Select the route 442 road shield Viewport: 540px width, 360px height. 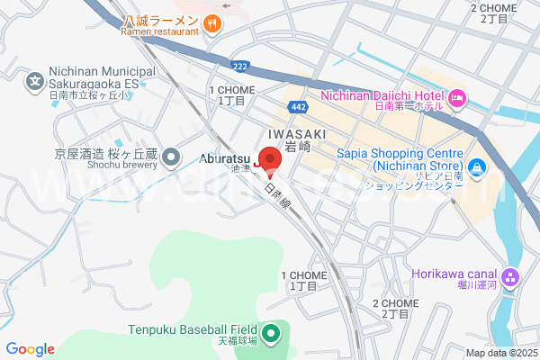point(301,107)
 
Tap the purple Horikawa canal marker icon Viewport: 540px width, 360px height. point(512,275)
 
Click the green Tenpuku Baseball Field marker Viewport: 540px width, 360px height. point(271,334)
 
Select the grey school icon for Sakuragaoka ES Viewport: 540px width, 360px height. point(34,82)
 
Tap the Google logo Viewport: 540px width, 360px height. point(30,349)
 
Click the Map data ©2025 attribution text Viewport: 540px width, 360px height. point(500,353)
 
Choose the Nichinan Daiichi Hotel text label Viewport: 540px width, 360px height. point(382,95)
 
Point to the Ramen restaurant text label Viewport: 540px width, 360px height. point(160,31)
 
